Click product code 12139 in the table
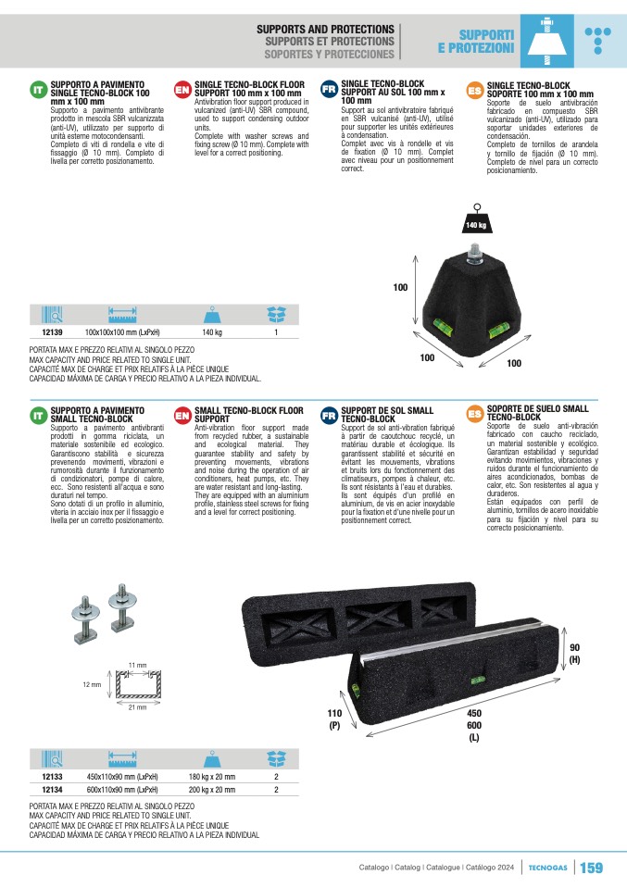tap(52, 332)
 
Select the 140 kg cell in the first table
tap(212, 332)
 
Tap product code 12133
tap(52, 777)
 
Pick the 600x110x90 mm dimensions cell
tap(122, 790)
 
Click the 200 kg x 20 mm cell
tap(212, 790)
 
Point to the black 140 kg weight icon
tap(476, 220)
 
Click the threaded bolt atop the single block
tap(474, 255)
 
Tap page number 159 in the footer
tap(592, 868)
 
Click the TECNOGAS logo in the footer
tap(547, 868)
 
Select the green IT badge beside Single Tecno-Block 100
tap(38, 90)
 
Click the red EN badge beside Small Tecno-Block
tap(182, 415)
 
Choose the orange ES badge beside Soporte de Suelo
tap(475, 414)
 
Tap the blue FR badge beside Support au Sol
tap(329, 89)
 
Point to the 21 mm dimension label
tap(137, 707)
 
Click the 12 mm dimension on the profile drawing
tap(92, 684)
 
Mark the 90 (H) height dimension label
tap(574, 654)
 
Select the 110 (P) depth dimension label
tap(334, 719)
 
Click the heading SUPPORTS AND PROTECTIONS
tap(325, 29)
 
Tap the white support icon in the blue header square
tap(546, 41)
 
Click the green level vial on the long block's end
tap(356, 690)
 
